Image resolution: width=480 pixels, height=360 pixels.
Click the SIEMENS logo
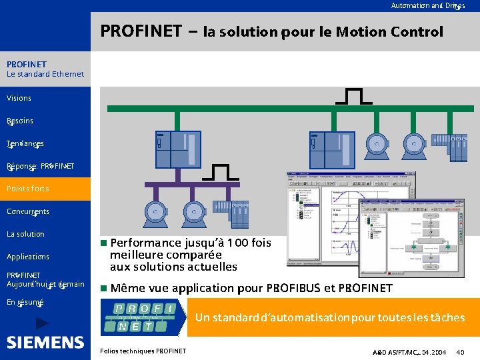click(45, 343)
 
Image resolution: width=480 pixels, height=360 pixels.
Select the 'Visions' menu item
click(19, 98)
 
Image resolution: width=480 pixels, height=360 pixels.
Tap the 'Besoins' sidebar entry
click(20, 121)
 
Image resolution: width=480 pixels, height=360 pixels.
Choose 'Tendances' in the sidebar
click(25, 143)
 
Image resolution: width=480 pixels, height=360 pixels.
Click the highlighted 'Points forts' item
click(28, 189)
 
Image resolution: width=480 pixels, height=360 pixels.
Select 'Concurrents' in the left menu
click(28, 211)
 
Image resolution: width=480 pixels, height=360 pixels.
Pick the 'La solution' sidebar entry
click(25, 234)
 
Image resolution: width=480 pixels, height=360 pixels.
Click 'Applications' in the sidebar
click(28, 257)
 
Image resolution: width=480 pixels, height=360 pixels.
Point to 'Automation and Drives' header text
click(428, 5)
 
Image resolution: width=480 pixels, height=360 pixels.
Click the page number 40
click(461, 351)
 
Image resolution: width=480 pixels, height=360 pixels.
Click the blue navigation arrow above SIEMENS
click(42, 323)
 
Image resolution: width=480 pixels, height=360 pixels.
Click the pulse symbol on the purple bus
click(221, 173)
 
